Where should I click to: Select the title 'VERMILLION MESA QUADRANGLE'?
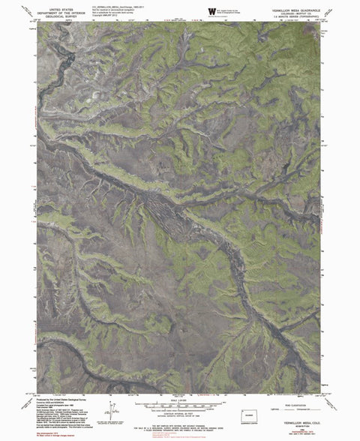(292, 7)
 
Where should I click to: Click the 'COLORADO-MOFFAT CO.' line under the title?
(292, 10)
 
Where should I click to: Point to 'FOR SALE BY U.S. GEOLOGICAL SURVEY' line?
(180, 424)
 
